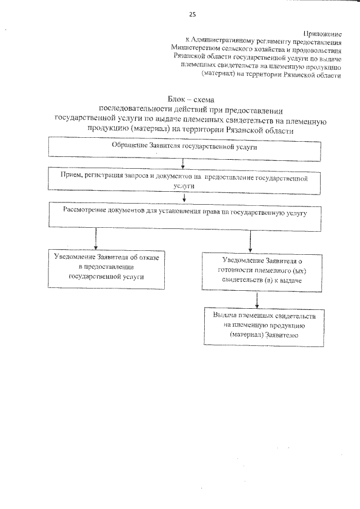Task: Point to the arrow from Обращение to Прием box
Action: [183, 163]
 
